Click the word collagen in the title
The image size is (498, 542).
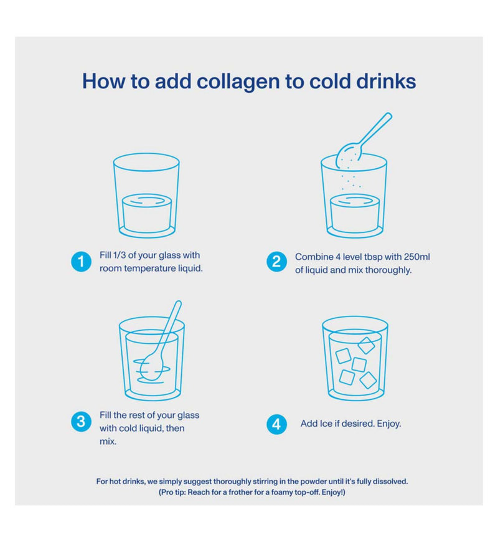[238, 82]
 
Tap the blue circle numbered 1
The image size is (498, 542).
[81, 261]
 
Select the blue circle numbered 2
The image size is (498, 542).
[276, 261]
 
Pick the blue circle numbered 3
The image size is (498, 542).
[81, 421]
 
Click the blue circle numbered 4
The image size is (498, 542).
[276, 424]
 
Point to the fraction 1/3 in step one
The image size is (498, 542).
[119, 255]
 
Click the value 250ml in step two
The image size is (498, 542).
[417, 257]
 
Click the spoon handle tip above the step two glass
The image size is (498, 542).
[388, 115]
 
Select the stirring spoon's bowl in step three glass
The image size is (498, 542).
[152, 367]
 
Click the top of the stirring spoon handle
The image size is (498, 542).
[178, 303]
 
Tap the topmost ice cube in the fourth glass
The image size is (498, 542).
[367, 345]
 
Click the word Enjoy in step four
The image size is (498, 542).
[388, 424]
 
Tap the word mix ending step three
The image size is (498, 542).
[108, 442]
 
